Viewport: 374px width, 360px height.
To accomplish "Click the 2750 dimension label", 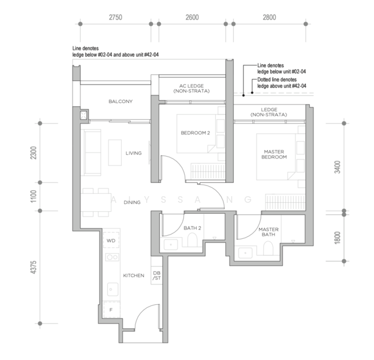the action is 116,17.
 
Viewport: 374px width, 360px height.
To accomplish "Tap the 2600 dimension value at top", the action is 192,17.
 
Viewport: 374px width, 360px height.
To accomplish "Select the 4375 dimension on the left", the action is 34,267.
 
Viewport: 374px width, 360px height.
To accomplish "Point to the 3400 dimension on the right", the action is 337,167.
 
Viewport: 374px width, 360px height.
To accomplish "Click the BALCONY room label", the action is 120,101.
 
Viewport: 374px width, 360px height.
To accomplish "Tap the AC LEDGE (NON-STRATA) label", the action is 192,88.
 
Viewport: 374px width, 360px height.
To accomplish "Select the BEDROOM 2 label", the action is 195,133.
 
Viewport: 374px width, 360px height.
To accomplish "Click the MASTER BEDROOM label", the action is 274,154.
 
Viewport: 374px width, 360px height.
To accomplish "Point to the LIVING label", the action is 134,153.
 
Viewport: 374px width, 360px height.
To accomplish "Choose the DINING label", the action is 132,202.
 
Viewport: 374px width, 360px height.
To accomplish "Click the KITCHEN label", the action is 134,275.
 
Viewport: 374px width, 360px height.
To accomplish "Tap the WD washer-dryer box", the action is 111,241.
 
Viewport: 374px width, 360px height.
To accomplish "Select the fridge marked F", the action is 111,310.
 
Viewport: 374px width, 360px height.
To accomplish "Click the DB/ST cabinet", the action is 156,275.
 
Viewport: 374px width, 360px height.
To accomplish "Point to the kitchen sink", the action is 113,289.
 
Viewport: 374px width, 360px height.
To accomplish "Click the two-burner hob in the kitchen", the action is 112,257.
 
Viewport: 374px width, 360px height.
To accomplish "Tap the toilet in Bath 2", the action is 192,240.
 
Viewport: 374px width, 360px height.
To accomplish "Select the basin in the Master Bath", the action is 246,253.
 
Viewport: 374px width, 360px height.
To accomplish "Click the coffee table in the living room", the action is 115,152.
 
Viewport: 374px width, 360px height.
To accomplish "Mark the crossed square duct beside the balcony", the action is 84,116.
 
